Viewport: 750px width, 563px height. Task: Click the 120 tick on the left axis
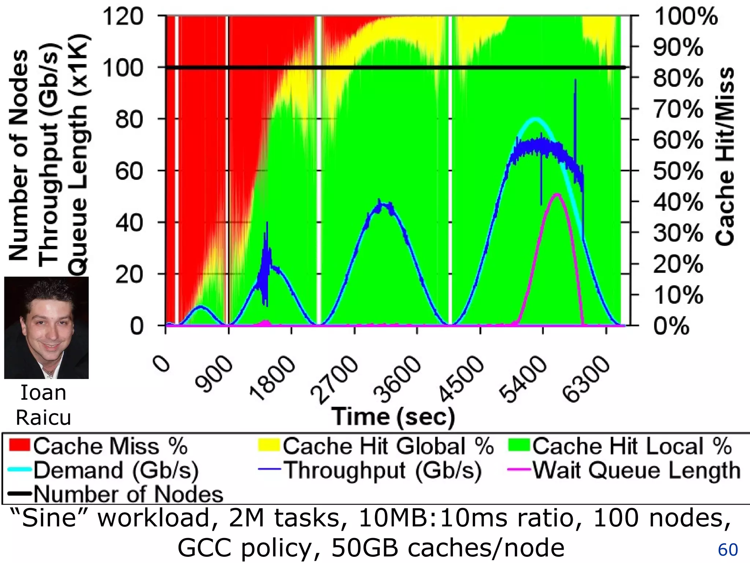point(123,17)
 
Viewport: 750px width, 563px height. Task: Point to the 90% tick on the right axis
point(678,48)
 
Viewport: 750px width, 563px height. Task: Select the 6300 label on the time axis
point(586,379)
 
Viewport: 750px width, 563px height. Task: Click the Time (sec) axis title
point(393,417)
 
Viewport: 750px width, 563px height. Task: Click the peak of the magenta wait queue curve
point(557,194)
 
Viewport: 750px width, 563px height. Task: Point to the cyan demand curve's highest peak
point(535,118)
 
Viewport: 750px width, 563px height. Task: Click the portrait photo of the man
point(46,327)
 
